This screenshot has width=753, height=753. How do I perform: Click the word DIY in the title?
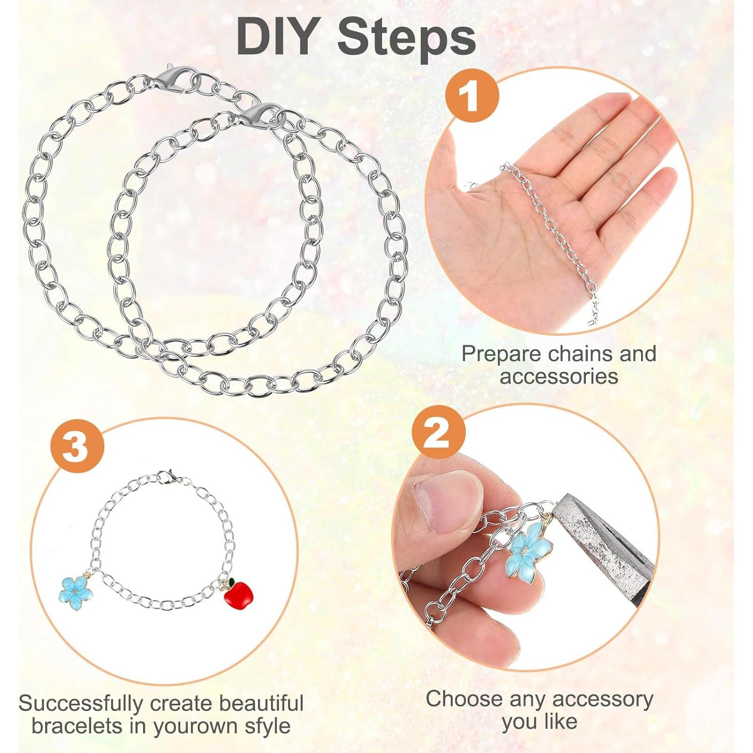pyautogui.click(x=276, y=38)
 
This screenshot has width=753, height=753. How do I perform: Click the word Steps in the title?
pyautogui.click(x=407, y=38)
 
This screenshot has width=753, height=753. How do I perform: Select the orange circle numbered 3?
pyautogui.click(x=77, y=446)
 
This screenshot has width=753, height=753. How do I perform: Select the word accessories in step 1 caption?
pyautogui.click(x=559, y=376)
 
